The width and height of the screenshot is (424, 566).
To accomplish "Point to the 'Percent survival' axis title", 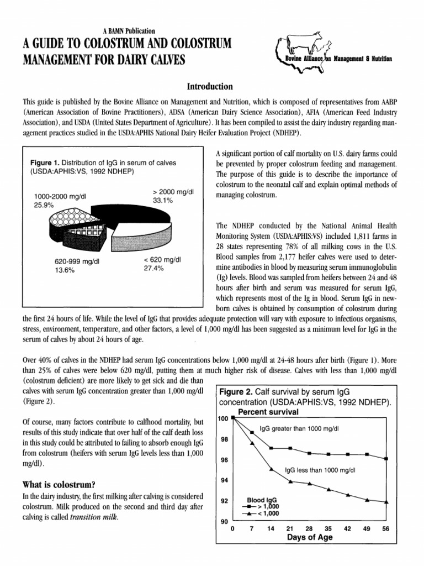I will (268, 412).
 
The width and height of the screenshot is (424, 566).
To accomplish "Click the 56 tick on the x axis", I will (385, 528).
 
